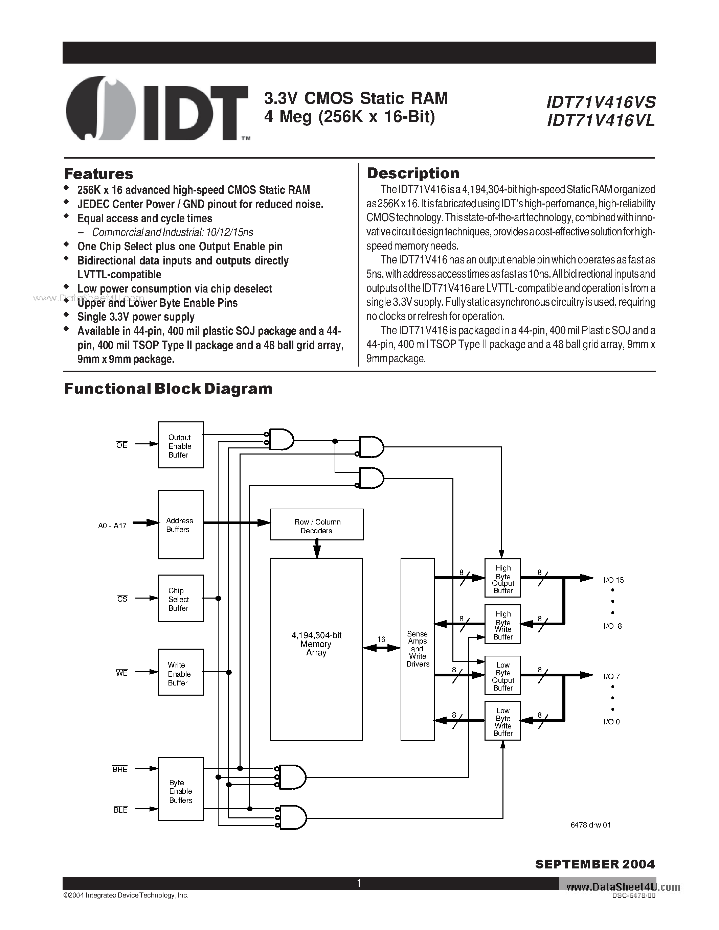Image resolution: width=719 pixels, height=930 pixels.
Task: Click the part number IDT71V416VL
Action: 601,121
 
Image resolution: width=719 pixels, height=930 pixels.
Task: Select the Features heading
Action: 98,174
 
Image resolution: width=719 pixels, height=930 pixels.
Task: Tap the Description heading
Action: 413,173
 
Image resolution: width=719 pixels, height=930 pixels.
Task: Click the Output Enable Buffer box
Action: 181,445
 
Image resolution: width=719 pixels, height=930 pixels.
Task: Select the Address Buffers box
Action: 181,524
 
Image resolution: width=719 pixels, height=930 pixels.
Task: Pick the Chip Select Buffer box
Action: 181,598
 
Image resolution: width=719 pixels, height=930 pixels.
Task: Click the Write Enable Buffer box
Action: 181,672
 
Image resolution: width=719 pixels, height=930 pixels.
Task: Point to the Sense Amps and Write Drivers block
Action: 418,649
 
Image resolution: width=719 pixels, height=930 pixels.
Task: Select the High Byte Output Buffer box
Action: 502,578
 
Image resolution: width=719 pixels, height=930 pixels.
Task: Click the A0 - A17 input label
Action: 112,526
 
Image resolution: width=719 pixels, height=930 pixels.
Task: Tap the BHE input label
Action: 120,769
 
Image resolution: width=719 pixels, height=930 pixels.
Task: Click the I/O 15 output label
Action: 613,580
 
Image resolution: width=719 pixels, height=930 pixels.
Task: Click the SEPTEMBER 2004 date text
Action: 594,864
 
